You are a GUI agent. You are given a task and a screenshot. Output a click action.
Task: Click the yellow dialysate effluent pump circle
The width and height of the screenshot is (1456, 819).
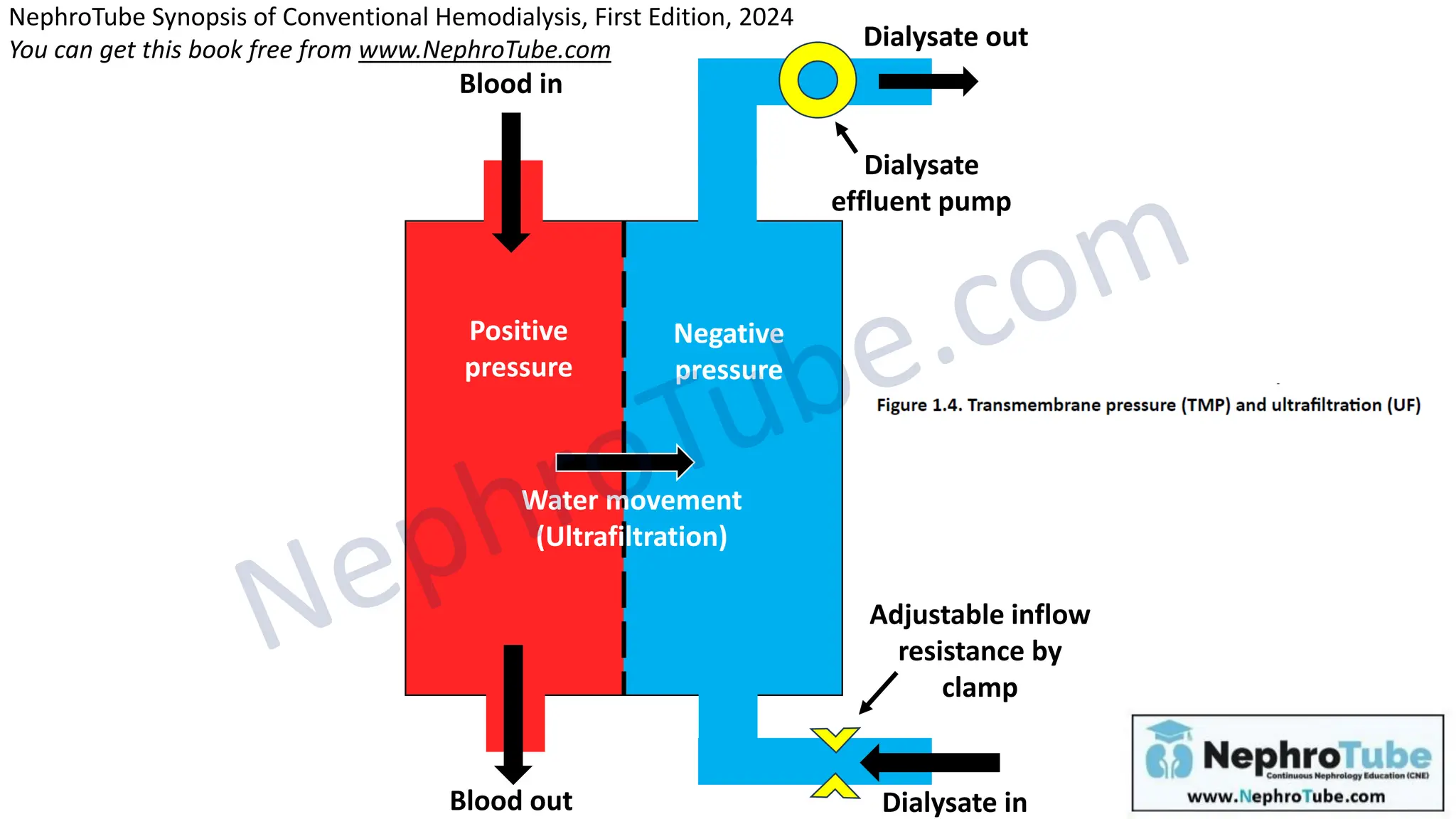(817, 80)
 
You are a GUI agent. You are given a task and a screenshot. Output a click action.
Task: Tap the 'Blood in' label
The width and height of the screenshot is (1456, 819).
(510, 84)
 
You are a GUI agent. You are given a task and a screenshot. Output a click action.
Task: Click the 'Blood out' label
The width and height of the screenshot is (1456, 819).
(510, 801)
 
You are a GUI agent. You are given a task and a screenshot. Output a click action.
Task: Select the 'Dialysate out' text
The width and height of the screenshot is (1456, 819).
(945, 37)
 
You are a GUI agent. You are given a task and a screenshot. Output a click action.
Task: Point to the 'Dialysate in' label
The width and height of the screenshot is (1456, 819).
(954, 803)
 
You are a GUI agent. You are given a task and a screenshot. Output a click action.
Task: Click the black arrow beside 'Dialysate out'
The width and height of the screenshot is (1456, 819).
(927, 81)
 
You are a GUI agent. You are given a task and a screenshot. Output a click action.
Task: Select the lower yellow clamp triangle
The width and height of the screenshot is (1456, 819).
(835, 788)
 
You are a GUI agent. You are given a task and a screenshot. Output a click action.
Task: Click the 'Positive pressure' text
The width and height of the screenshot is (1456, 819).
(518, 349)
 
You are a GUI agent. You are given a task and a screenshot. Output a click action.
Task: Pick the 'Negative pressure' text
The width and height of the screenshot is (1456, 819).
(729, 352)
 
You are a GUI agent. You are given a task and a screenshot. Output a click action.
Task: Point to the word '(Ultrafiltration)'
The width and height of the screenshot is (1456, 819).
(631, 536)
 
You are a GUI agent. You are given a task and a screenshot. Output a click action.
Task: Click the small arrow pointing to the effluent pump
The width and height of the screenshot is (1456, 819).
(846, 137)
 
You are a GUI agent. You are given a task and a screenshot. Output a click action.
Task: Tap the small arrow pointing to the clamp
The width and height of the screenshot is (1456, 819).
(878, 693)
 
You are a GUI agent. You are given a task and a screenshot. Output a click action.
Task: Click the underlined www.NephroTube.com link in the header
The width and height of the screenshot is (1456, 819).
(484, 50)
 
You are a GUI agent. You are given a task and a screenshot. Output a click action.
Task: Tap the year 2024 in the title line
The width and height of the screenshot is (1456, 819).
(766, 16)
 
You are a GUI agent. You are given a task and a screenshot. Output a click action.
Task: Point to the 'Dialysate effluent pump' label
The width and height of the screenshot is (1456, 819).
(921, 183)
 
